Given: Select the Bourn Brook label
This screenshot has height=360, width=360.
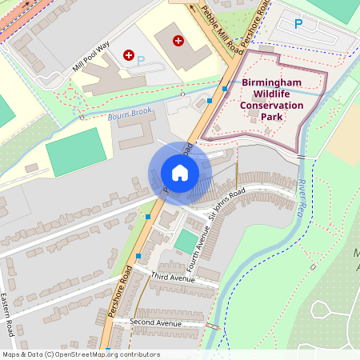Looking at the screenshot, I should pyautogui.click(x=129, y=115).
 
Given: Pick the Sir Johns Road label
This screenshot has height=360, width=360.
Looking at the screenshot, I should pyautogui.click(x=226, y=205).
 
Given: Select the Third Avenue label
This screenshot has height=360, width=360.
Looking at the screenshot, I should pyautogui.click(x=172, y=277).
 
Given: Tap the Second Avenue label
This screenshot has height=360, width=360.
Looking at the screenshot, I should pyautogui.click(x=157, y=323).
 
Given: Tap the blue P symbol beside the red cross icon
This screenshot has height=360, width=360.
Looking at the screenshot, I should pyautogui.click(x=141, y=60).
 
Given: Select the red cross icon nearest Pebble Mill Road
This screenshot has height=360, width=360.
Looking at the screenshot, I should pyautogui.click(x=178, y=39).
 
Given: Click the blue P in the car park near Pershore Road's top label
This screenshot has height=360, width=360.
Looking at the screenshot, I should pyautogui.click(x=298, y=24).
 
